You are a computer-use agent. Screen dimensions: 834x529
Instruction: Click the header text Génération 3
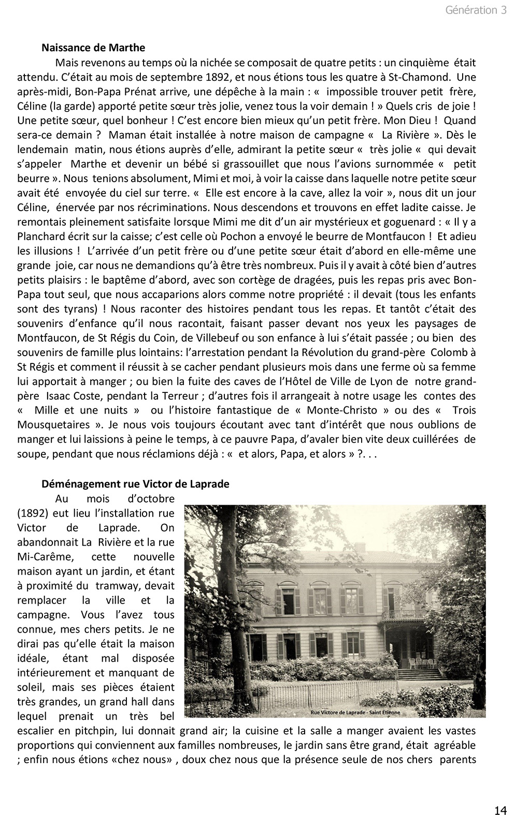(476, 10)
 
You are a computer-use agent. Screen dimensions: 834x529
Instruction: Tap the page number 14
(500, 810)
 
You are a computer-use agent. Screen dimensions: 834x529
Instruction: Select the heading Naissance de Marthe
(93, 48)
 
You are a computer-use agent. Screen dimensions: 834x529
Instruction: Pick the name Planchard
(41, 237)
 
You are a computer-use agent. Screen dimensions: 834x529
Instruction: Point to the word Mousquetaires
(51, 425)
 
